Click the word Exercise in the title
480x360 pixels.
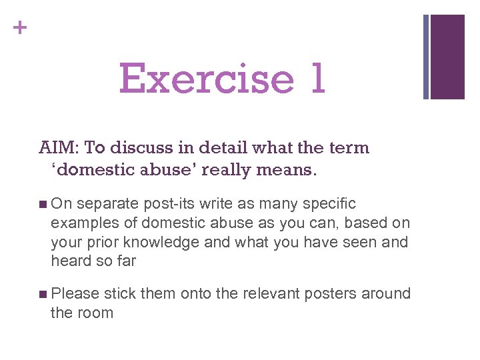click(x=206, y=79)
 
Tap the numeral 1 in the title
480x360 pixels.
click(x=317, y=79)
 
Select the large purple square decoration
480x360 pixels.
click(x=448, y=57)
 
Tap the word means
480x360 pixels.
click(x=290, y=169)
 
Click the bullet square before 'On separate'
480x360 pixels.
click(x=43, y=204)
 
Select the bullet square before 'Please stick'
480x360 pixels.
click(x=43, y=294)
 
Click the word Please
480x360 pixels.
click(x=75, y=293)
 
